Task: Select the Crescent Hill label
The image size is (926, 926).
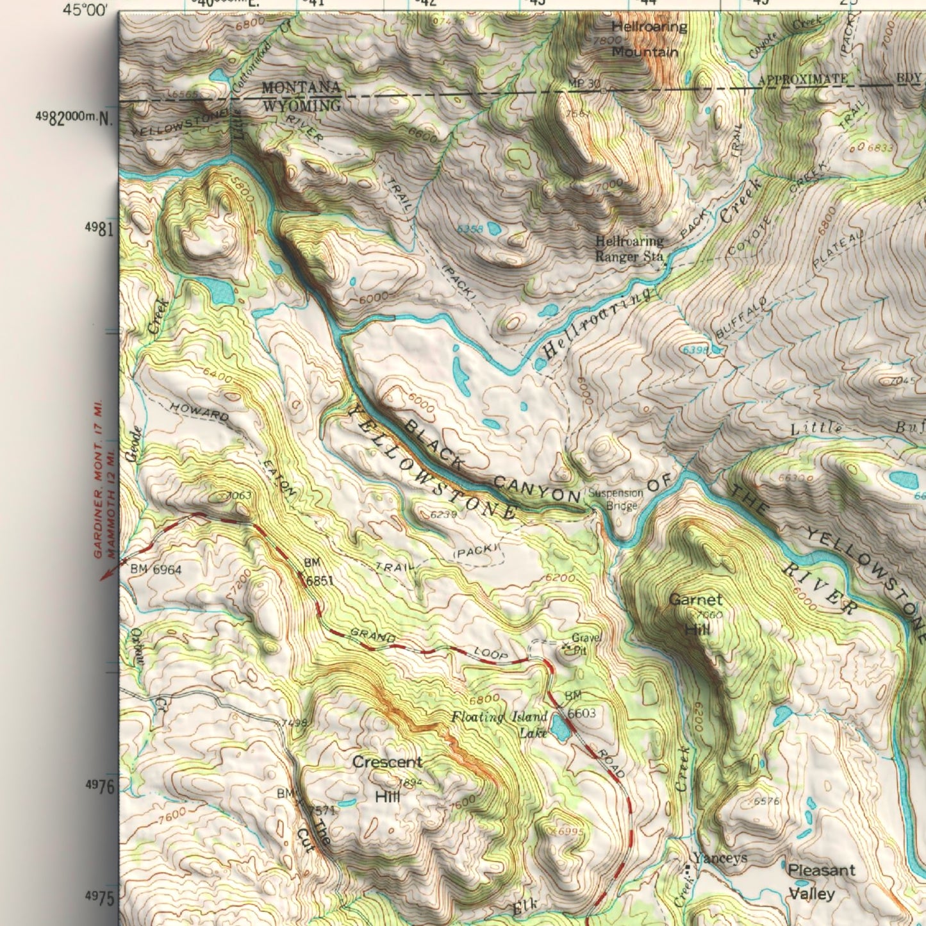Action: point(387,779)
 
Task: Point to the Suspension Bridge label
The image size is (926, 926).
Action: point(616,500)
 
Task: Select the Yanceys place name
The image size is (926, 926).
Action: point(719,858)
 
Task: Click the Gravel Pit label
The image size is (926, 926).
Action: point(586,644)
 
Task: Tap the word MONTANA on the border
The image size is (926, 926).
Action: point(301,88)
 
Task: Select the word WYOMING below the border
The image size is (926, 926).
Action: point(301,104)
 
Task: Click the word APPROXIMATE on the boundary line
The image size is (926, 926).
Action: point(802,79)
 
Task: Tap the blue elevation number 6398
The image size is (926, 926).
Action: point(696,350)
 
